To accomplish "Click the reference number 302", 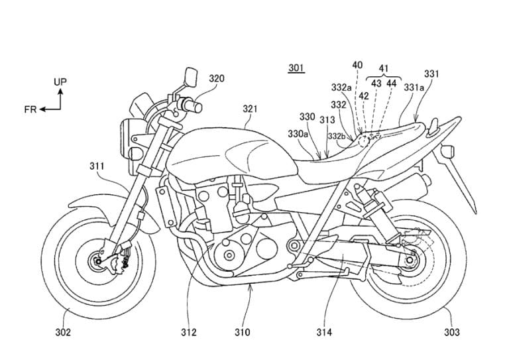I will [x=63, y=331].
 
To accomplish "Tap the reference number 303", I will [x=451, y=331].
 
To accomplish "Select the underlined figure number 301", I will [x=296, y=68].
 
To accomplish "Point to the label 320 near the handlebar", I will [x=216, y=78].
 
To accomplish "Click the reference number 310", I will [x=243, y=331].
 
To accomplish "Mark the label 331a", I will [x=414, y=86].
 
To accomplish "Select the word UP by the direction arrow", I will [x=60, y=82].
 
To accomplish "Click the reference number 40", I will [x=357, y=65].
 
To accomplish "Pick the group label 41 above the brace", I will [x=383, y=68].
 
